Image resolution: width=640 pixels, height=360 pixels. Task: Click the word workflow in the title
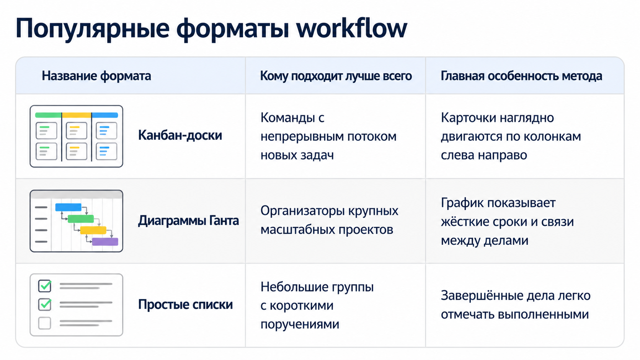pos(351,28)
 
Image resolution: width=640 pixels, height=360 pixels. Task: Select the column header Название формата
pos(96,76)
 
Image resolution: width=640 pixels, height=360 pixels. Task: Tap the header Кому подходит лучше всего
pos(336,76)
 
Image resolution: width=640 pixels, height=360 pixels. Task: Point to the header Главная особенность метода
pos(521,76)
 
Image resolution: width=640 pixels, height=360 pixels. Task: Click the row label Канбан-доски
pos(180,135)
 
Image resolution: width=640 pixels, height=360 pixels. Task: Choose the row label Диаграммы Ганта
pos(188,220)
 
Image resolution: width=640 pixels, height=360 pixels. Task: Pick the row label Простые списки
pos(185,304)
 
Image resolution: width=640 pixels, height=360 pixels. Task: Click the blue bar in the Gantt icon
pos(68,207)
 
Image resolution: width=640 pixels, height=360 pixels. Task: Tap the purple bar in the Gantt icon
pos(105,241)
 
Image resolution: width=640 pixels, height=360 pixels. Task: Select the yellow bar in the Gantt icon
pos(93,230)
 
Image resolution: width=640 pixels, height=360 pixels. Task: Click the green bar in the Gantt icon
pos(81,219)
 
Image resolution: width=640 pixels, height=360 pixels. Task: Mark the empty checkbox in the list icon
pos(44,323)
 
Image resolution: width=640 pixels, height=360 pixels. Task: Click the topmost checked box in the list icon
pos(45,286)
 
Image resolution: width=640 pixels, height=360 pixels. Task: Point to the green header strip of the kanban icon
pos(48,115)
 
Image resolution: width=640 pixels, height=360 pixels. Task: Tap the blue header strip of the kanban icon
pos(105,115)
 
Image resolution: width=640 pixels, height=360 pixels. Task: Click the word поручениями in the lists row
pos(300,324)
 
